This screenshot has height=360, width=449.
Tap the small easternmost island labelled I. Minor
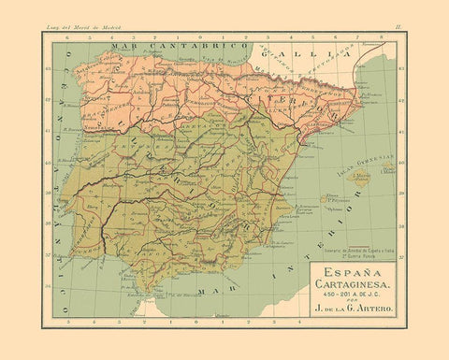coord(389,169)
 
